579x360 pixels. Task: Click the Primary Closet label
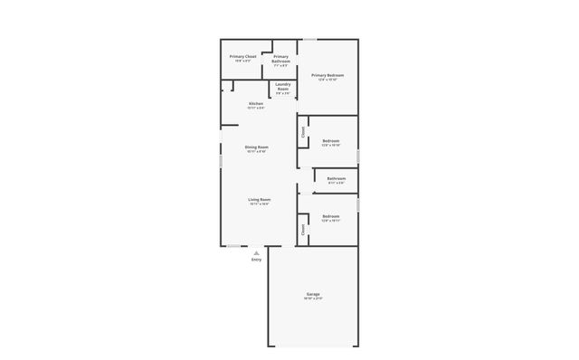point(242,56)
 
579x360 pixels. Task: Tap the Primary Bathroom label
point(281,59)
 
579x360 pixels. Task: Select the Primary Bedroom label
point(327,75)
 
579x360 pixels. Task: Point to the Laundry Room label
point(283,87)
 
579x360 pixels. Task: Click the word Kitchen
point(256,104)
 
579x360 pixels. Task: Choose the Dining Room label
point(256,147)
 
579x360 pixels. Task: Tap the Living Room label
point(261,199)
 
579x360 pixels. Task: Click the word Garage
point(313,294)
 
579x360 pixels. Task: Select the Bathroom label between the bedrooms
point(337,179)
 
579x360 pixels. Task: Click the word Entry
point(256,261)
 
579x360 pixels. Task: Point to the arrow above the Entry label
point(256,252)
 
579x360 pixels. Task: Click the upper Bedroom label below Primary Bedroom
point(330,140)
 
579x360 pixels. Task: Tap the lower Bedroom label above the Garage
point(330,216)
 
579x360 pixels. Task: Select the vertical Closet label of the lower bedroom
point(303,229)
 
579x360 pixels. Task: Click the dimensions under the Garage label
point(313,299)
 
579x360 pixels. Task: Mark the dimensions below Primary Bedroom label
point(327,81)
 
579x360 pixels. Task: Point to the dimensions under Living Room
point(261,204)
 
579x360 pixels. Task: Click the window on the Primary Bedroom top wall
point(309,39)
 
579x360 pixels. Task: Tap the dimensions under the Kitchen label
point(256,109)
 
